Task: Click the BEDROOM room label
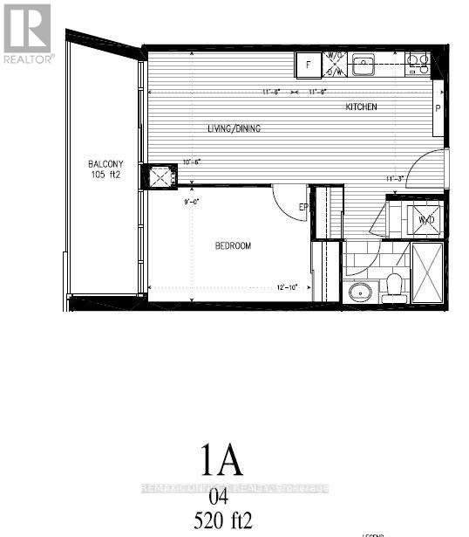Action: tap(233, 246)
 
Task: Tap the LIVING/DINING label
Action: tap(233, 128)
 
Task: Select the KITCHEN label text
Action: tap(361, 107)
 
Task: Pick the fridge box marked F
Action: tap(308, 64)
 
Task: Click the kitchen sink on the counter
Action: tap(364, 63)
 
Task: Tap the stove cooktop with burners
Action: tap(417, 63)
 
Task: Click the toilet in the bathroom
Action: tap(394, 286)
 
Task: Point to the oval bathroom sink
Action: tap(359, 293)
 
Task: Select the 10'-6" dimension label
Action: tap(192, 162)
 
